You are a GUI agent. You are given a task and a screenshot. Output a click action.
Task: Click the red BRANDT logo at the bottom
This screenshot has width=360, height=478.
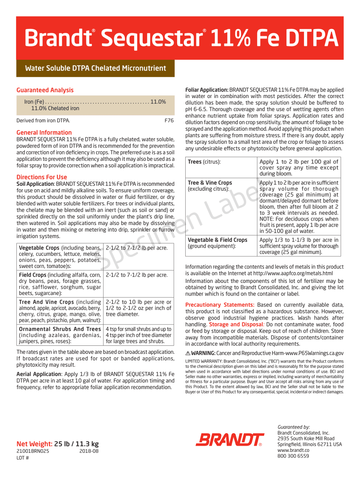(230, 440)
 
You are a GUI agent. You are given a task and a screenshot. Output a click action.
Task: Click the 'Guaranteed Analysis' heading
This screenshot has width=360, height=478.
(45, 90)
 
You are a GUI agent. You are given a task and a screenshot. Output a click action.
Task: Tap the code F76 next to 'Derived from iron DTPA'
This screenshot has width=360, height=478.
(169, 120)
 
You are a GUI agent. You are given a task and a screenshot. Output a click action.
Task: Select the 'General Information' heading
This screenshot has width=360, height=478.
(44, 133)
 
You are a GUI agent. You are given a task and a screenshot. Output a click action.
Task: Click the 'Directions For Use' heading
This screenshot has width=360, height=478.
(42, 177)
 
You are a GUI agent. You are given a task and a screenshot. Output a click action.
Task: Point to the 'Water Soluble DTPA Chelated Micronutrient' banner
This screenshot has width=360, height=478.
(95, 68)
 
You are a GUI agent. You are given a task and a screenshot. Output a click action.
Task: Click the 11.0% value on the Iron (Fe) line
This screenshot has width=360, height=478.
(158, 102)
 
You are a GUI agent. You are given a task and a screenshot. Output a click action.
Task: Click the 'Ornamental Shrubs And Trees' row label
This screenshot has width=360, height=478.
(60, 329)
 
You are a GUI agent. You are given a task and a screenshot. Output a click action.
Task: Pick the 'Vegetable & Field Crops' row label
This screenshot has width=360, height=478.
(218, 240)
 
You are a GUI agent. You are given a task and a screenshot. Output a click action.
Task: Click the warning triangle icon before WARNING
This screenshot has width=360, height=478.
(188, 353)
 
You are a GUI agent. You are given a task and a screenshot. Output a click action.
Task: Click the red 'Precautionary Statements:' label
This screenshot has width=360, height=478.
(220, 305)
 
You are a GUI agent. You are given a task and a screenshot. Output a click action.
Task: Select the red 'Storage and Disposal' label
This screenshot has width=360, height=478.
(236, 325)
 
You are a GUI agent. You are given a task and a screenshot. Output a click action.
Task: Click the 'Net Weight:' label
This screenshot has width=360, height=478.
(35, 444)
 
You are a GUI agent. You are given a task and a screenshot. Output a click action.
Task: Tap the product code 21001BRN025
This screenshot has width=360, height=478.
(33, 451)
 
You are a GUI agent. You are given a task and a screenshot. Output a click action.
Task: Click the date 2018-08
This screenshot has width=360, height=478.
(89, 451)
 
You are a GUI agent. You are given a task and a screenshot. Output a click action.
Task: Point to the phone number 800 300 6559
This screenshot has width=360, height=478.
(293, 456)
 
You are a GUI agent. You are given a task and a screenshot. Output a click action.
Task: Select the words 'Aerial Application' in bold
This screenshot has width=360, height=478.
(39, 374)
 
